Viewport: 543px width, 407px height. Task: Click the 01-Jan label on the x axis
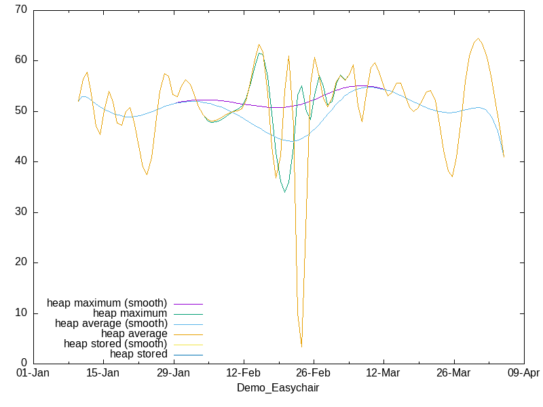[x=33, y=373]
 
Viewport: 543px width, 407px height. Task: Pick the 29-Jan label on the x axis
[x=173, y=373]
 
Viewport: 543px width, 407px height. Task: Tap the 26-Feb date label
[x=313, y=373]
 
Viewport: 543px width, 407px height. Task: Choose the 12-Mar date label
[x=383, y=373]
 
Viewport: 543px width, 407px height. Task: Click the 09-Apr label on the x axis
[x=523, y=373]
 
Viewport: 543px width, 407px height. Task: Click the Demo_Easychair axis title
[x=278, y=388]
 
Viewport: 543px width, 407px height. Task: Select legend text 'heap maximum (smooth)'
[x=107, y=303]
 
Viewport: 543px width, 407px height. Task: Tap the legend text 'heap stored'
[x=138, y=354]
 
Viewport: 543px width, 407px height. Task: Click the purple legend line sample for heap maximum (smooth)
[x=188, y=303]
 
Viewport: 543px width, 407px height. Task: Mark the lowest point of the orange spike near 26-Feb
[x=301, y=347]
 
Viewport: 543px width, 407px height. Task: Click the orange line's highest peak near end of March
[x=479, y=39]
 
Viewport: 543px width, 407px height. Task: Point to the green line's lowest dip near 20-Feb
[x=285, y=192]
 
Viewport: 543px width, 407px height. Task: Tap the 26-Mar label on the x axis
[x=453, y=373]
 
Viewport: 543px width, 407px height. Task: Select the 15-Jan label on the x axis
[x=102, y=373]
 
